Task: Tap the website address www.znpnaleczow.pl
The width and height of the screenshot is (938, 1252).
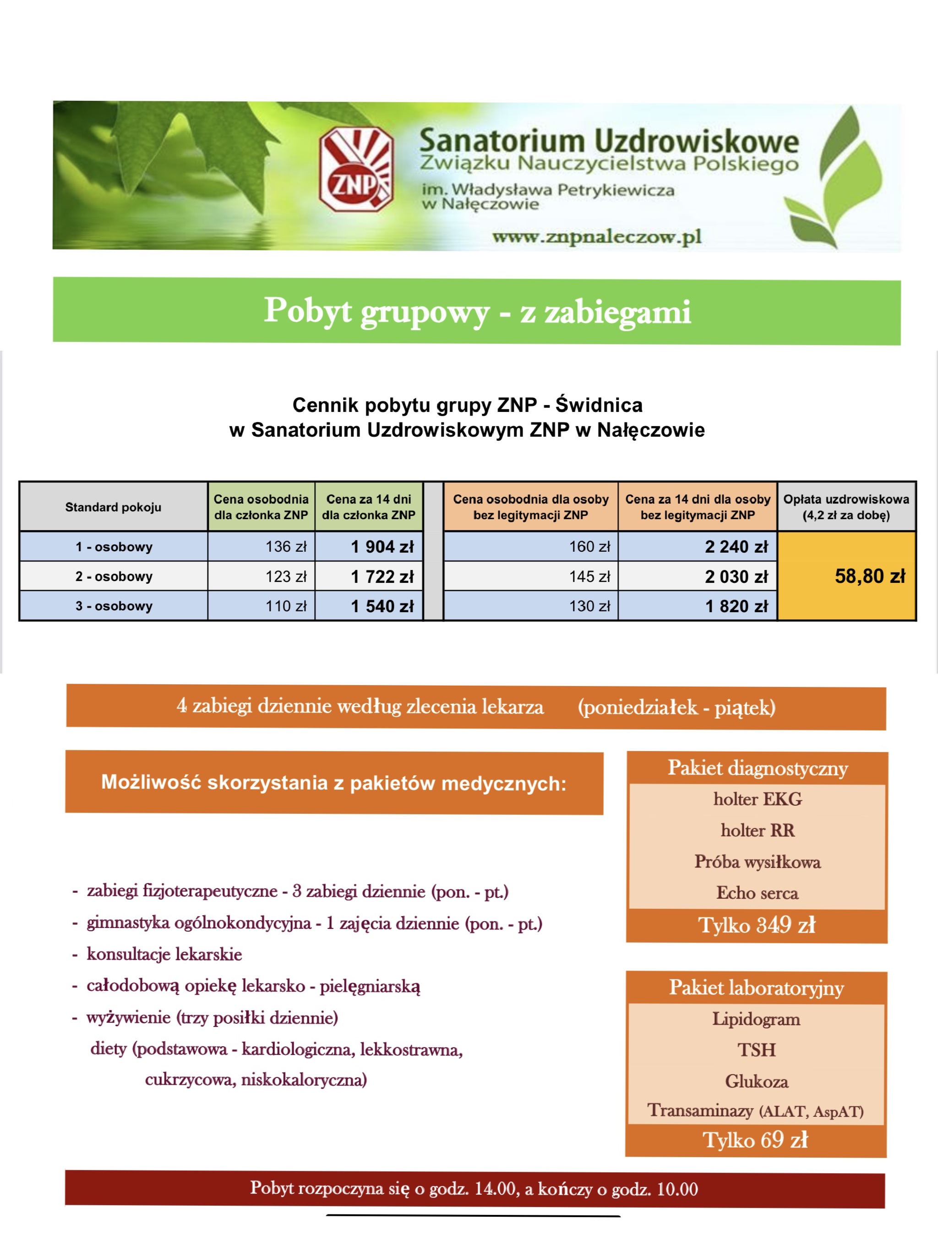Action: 596,236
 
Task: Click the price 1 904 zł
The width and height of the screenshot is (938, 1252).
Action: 382,547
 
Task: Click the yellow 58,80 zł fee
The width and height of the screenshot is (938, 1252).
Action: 870,576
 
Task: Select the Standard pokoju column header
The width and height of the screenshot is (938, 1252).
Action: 113,507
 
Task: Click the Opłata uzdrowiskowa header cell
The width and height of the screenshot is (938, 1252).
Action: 846,507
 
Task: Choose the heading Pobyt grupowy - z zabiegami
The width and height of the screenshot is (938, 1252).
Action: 477,311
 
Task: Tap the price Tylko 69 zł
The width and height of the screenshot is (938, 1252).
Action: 755,1140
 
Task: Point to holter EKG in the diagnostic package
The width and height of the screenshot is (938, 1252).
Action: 758,799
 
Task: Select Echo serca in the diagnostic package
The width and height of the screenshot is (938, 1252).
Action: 757,893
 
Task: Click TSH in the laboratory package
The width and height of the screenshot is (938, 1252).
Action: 756,1050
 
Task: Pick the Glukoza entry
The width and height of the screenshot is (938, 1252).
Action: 756,1081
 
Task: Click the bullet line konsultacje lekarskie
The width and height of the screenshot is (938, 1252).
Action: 164,954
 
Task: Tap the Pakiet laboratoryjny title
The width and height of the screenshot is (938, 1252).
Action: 756,988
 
